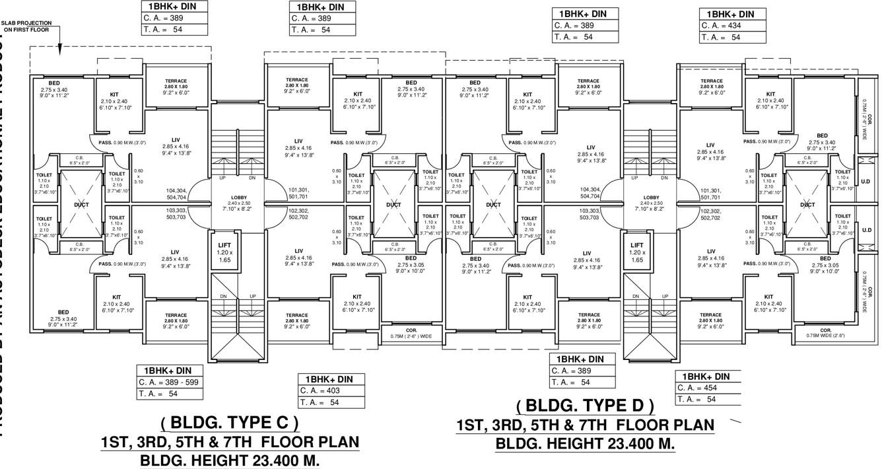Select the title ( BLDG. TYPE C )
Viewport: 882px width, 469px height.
click(229, 423)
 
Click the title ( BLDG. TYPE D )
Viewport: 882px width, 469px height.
click(585, 406)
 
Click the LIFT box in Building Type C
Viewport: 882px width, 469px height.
click(224, 253)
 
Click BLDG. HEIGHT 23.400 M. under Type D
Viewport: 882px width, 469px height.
click(585, 444)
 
